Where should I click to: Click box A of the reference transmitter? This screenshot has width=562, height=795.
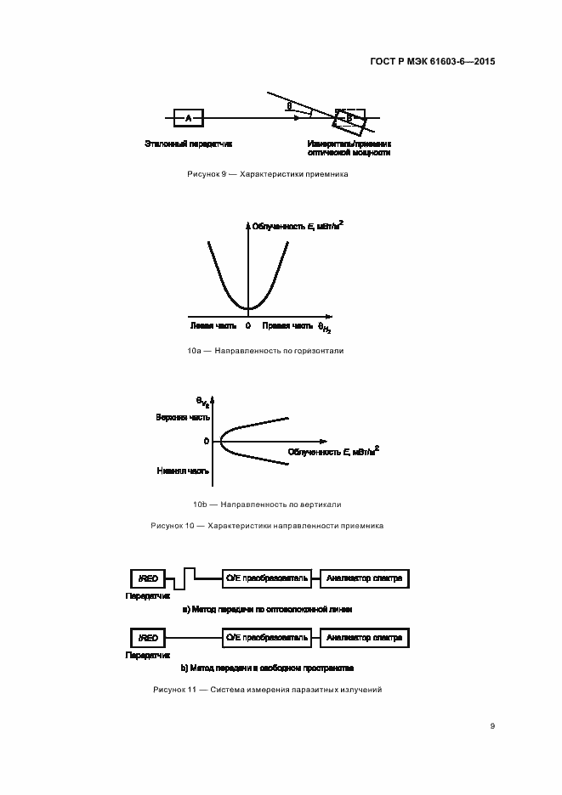point(188,118)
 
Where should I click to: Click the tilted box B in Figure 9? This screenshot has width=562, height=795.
point(349,119)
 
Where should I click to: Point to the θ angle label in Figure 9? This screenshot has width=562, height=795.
point(289,105)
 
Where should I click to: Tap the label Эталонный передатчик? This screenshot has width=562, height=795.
point(189,144)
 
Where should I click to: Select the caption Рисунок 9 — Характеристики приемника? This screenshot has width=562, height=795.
point(268,174)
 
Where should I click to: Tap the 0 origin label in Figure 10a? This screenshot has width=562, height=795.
point(247,324)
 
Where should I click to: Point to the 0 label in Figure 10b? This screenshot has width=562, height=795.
point(206,442)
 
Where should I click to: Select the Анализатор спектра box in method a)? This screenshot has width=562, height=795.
point(365,578)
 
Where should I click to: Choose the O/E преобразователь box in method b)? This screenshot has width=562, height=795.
point(266,637)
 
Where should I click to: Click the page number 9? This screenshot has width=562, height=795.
point(492,725)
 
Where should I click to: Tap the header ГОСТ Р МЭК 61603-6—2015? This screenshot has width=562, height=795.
point(433,62)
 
